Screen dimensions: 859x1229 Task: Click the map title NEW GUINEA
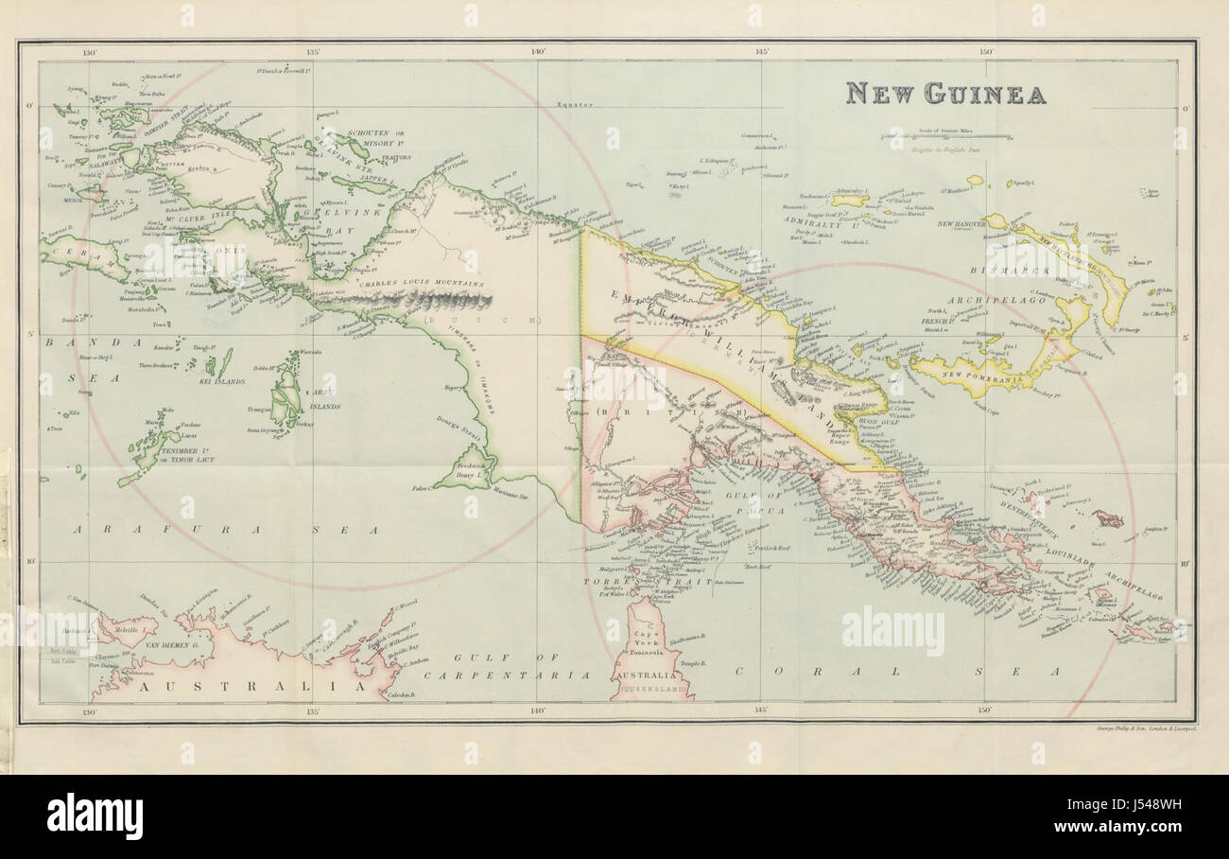tap(945, 94)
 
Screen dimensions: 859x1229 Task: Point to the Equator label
tap(574, 104)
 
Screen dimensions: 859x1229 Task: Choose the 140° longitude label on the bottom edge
tap(537, 711)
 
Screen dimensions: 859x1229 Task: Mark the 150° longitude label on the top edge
tap(984, 52)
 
